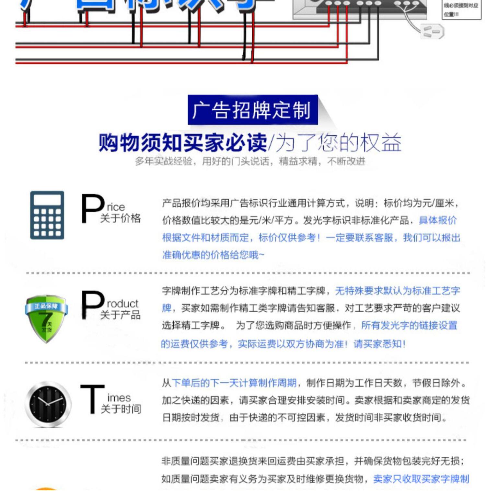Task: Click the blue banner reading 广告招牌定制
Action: [252, 110]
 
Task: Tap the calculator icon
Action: [47, 215]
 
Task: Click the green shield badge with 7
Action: [47, 318]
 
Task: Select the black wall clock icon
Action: [48, 405]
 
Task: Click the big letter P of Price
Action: [92, 209]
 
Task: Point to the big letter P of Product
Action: [92, 305]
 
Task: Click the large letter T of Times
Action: [92, 399]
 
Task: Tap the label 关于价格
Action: [120, 218]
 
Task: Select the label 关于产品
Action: [120, 315]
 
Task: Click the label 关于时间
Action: [121, 409]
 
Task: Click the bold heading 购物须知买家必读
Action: [183, 142]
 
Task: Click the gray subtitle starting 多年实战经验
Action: [250, 161]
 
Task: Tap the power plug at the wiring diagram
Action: [433, 32]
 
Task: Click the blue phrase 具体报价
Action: [438, 221]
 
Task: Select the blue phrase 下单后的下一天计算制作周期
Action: [234, 383]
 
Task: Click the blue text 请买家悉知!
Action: [379, 344]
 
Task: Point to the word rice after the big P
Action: [116, 207]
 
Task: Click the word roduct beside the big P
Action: [122, 304]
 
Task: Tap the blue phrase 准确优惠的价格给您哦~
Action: [213, 255]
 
